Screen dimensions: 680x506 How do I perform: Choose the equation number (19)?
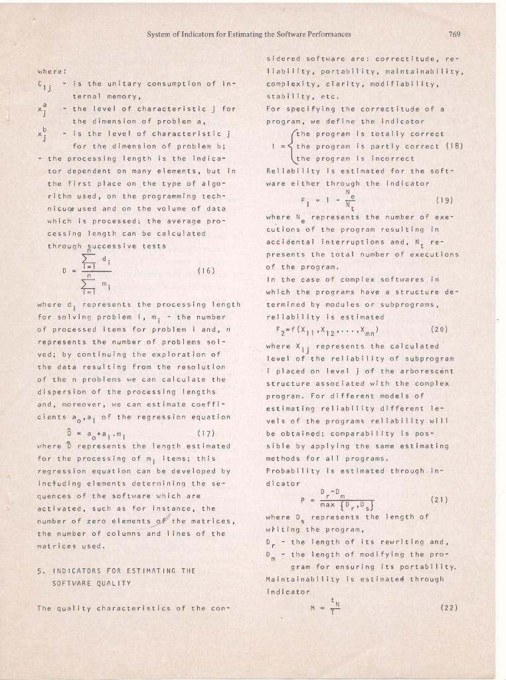pyautogui.click(x=445, y=199)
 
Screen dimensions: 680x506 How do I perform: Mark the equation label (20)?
pyautogui.click(x=441, y=328)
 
